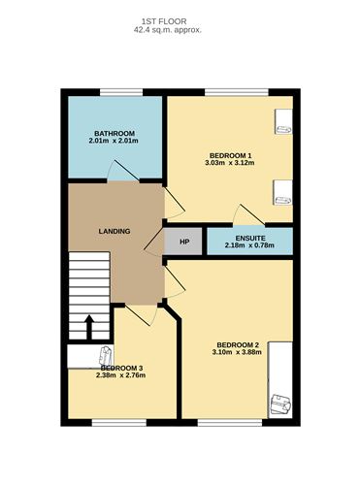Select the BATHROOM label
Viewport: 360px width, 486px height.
(x=114, y=134)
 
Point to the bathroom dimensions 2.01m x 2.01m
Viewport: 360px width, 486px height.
(x=114, y=144)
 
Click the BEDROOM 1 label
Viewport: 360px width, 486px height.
(x=230, y=156)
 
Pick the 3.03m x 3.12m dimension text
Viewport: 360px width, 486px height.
(x=230, y=164)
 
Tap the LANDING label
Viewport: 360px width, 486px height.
(x=115, y=231)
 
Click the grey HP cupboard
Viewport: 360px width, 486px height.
(x=184, y=241)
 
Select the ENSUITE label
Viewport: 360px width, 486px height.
(x=248, y=237)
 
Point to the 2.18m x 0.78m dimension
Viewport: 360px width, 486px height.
(x=248, y=245)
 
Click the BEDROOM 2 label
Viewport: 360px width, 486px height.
(x=237, y=345)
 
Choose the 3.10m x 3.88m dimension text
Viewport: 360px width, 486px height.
(x=237, y=354)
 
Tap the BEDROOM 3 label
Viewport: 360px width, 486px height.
(x=122, y=368)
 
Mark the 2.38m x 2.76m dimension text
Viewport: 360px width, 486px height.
(x=122, y=376)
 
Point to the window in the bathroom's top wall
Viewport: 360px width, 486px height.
(x=114, y=93)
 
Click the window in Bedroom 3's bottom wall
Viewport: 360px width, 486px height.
(x=114, y=422)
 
